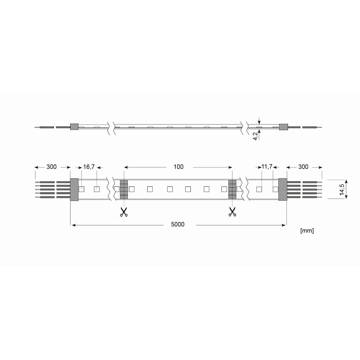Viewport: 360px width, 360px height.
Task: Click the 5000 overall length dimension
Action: point(178,224)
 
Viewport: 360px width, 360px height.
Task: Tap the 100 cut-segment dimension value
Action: point(179,167)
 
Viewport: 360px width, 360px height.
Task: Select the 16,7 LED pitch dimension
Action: point(89,167)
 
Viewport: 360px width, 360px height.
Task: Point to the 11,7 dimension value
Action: point(267,166)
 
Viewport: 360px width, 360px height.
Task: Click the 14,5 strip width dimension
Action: point(342,190)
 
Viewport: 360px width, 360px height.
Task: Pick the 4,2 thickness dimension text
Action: point(255,136)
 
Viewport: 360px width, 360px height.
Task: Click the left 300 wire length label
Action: point(51,167)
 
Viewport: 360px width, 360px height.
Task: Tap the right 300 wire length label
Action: point(303,167)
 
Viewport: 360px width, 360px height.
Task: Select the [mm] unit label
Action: point(307,230)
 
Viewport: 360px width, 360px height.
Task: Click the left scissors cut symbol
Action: point(124,212)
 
